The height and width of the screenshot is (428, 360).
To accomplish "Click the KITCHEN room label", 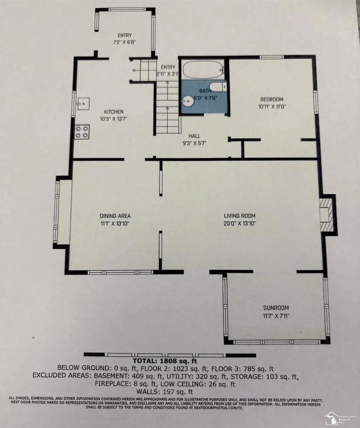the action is tap(114, 112).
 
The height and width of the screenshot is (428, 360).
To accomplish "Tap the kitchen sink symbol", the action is tap(83, 104).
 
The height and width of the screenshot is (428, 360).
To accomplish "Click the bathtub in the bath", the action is tap(203, 70).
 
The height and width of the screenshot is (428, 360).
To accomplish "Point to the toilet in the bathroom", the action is tap(220, 87).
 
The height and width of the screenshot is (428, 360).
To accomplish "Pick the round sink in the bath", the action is tap(188, 101).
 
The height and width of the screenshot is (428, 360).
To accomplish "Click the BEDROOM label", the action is tap(271, 100).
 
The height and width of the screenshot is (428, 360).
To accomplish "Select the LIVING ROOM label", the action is tap(239, 216).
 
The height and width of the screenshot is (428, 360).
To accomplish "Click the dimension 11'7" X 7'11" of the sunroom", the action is tap(276, 316).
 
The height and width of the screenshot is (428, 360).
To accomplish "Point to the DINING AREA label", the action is tap(115, 216).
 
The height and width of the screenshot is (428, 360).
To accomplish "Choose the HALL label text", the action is tap(194, 136).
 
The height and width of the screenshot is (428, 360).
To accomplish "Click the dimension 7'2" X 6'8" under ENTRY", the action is tap(125, 42).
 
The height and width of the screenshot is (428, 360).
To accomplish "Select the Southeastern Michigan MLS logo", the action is tap(340, 418).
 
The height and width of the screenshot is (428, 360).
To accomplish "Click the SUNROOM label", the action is tap(276, 308).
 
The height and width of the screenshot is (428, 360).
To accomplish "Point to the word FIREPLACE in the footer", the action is tap(112, 384).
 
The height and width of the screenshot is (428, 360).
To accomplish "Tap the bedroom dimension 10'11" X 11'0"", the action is tap(272, 107).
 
